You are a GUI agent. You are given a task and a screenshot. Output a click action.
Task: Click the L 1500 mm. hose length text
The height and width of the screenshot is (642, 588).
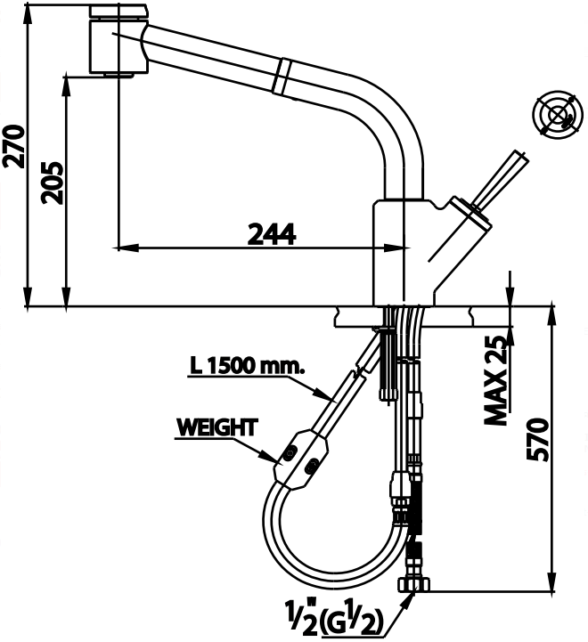(x=246, y=365)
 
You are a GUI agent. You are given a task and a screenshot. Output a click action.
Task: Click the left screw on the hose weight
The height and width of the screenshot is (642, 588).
(x=290, y=454)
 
